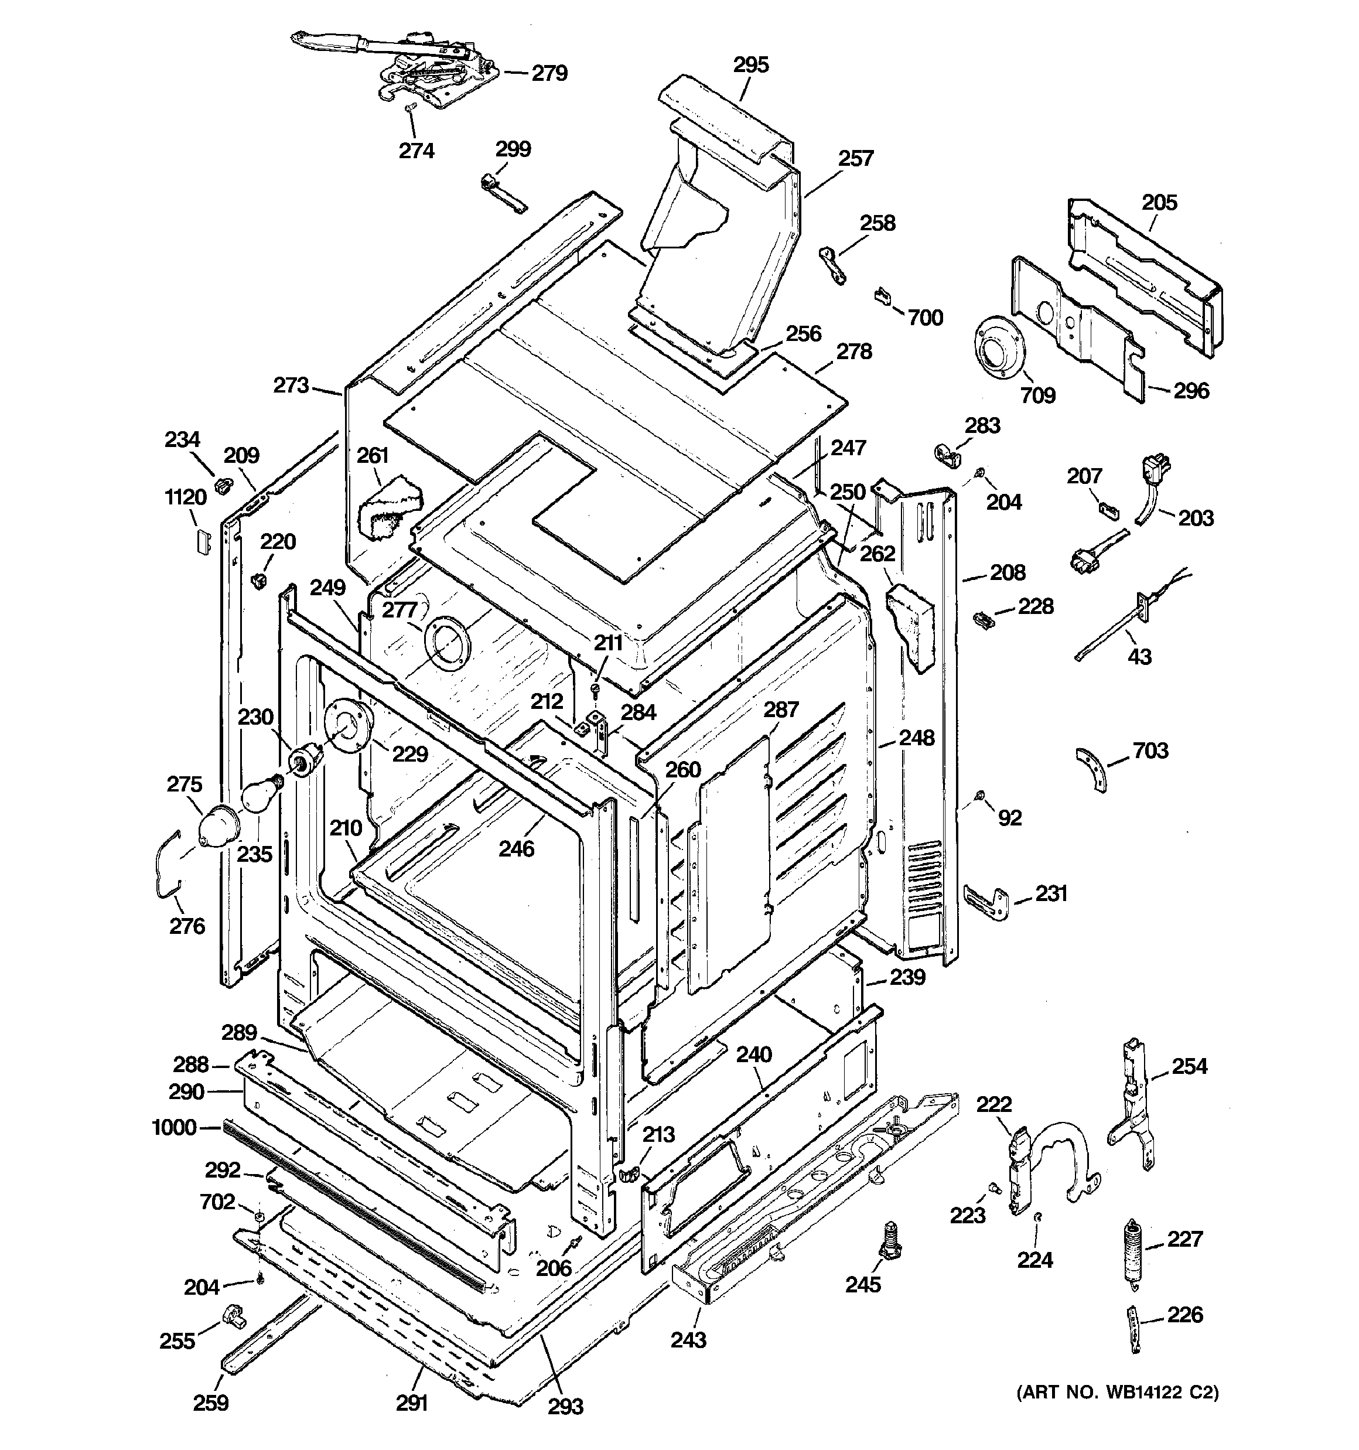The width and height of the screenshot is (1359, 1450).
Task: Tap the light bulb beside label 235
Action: point(261,793)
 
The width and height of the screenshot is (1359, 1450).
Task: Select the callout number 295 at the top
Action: point(750,65)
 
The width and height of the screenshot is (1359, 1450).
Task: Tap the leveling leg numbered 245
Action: point(890,1240)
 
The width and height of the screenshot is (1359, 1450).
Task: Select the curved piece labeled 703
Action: point(1092,769)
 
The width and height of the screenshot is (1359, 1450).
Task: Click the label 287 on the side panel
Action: point(781,709)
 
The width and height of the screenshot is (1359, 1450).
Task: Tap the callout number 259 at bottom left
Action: point(211,1402)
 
